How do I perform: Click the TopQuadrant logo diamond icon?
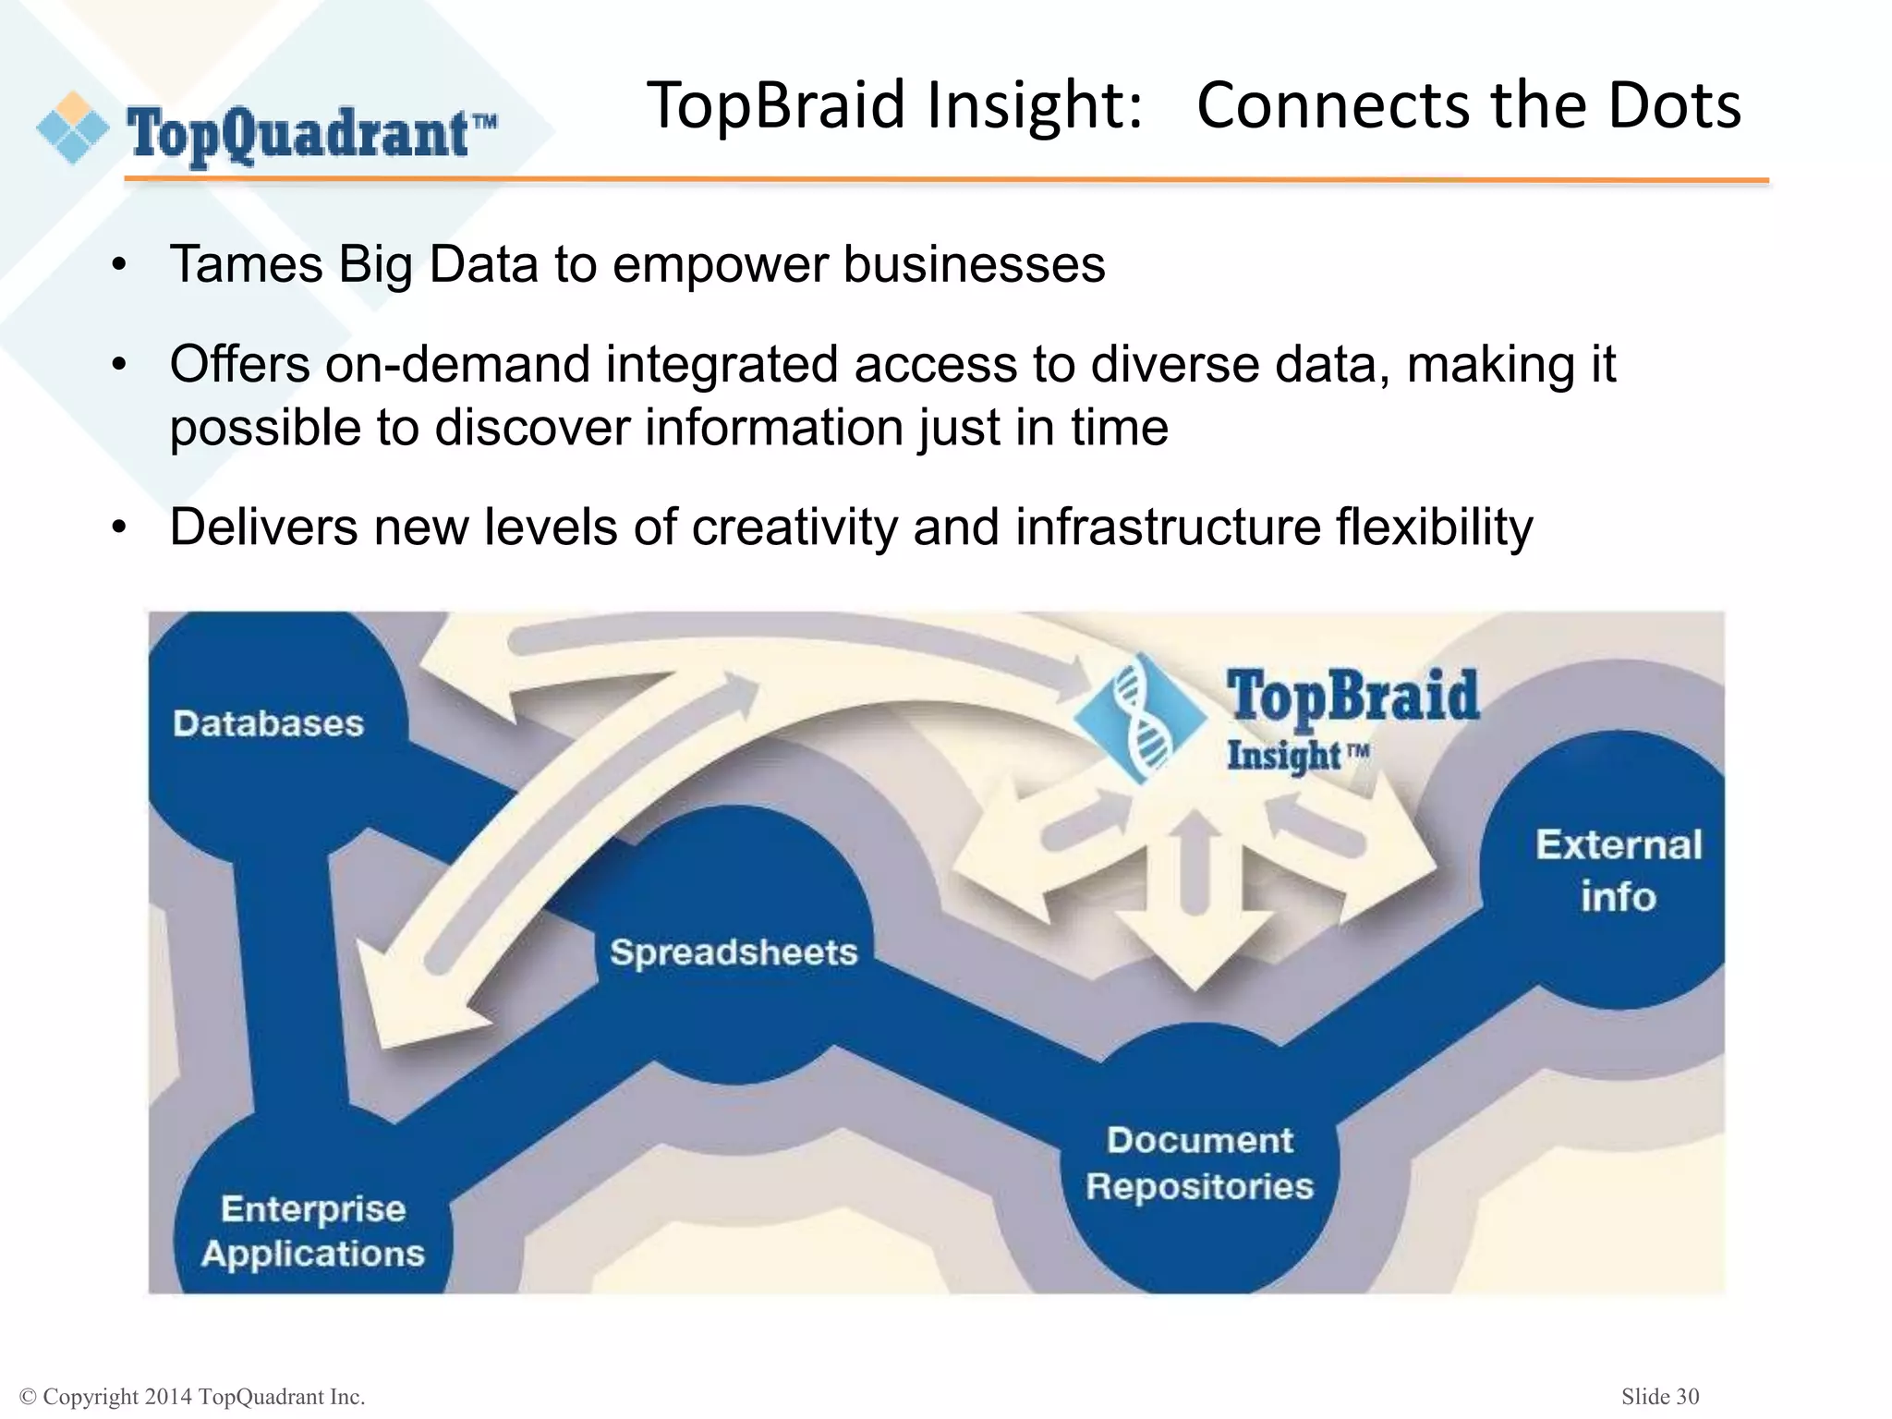(72, 128)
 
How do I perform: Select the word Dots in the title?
(1674, 104)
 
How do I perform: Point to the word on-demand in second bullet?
(457, 364)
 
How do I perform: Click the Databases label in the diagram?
(268, 723)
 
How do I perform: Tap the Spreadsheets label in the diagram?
(734, 952)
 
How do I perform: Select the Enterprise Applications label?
(313, 1231)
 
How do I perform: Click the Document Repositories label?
(1199, 1163)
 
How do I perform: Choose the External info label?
(1619, 871)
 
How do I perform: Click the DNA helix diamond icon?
(1140, 717)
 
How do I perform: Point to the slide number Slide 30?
(1659, 1396)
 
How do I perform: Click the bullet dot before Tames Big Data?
(118, 266)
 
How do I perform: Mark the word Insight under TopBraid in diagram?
(1283, 756)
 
